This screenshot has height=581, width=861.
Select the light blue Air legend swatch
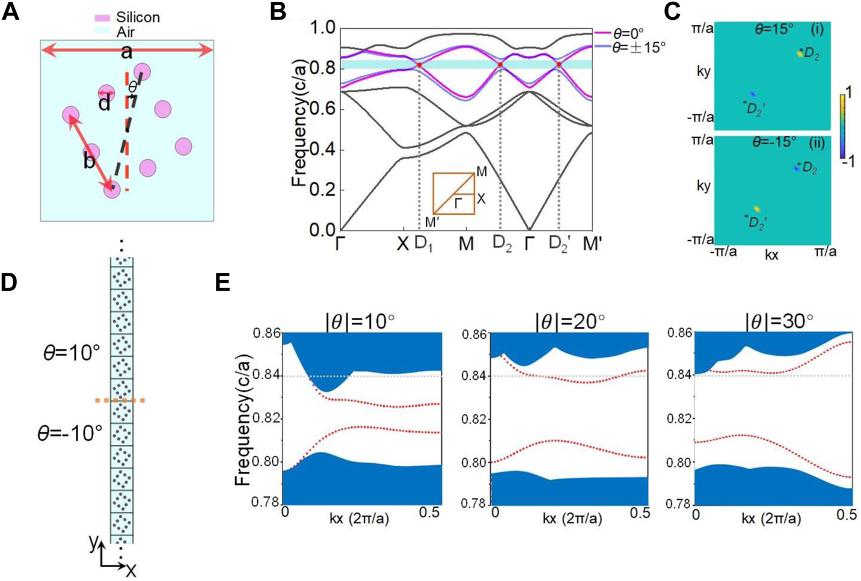coord(103,32)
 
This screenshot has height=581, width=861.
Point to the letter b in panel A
coord(89,161)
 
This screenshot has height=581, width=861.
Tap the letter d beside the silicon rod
coord(105,104)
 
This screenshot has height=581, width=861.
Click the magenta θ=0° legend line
coord(602,32)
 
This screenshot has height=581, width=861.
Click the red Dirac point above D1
coord(419,65)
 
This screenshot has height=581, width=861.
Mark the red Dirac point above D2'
coord(559,64)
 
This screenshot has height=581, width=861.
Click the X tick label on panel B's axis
coord(402,244)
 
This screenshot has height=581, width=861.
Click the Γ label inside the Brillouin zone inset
coord(459,204)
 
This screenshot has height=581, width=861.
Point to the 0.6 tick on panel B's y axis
coord(320,109)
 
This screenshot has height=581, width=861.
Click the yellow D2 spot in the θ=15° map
coord(799,53)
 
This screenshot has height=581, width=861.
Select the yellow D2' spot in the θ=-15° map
coord(756,209)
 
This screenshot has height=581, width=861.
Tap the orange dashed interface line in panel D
coord(120,400)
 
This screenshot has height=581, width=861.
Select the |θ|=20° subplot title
coord(569,320)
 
